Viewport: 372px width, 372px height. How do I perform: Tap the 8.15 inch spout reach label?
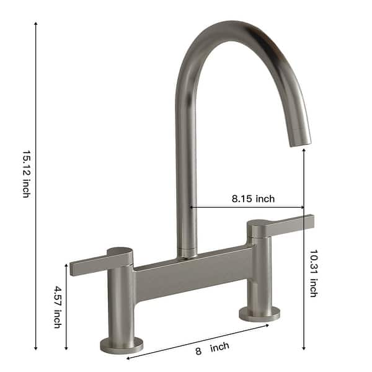[x=253, y=199]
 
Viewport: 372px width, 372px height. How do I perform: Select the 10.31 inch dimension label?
[x=314, y=273]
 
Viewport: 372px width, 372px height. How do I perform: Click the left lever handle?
[x=93, y=264]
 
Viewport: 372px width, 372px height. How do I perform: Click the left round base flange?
[x=121, y=344]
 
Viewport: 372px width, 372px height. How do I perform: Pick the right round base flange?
[x=260, y=314]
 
